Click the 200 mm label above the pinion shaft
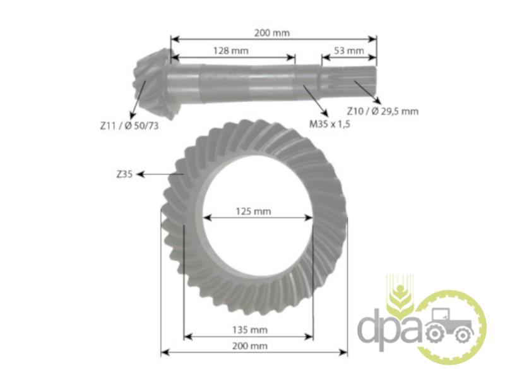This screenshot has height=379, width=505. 272,33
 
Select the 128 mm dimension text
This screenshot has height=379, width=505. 231,51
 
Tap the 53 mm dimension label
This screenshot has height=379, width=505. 349,51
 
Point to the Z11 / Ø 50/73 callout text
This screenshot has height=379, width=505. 129,126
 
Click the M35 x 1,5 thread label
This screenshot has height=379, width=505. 330,124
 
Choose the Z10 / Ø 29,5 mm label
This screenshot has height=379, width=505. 383,111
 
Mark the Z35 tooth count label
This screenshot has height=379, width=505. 124,174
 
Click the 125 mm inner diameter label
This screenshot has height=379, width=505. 254,212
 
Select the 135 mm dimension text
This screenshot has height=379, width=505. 250,330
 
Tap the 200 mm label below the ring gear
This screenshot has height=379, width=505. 249,346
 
